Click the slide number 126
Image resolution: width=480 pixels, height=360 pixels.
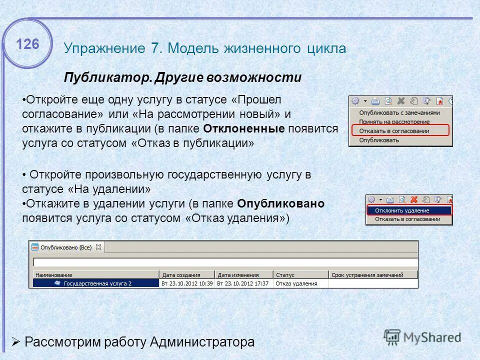click(27, 44)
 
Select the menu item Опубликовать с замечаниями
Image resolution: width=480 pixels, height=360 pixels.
click(399, 113)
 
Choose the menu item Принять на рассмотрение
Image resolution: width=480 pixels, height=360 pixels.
click(394, 121)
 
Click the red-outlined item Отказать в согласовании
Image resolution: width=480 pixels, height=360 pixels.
click(394, 130)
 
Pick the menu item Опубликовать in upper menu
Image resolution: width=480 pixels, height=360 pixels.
click(379, 140)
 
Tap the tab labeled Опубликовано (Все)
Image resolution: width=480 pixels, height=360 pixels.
click(66, 247)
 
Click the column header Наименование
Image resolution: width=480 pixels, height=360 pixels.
click(54, 275)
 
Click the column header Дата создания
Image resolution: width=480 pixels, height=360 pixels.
click(180, 275)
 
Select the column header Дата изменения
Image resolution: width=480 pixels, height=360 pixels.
click(238, 275)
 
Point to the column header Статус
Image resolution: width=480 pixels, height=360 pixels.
click(285, 275)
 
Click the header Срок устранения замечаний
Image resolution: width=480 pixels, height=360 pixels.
click(367, 275)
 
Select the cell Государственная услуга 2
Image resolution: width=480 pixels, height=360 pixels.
click(97, 283)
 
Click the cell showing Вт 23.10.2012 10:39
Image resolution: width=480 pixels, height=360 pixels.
click(187, 283)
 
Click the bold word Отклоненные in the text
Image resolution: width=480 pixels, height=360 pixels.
click(244, 128)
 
